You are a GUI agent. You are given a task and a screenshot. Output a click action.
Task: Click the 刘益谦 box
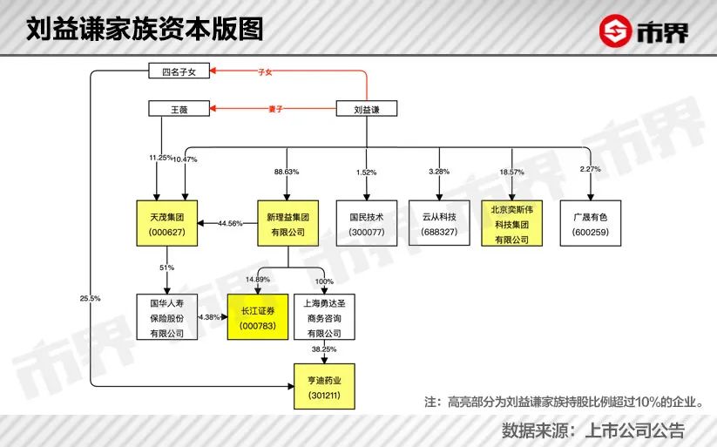click(x=367, y=109)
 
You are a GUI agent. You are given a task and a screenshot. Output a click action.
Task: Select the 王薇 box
click(x=179, y=109)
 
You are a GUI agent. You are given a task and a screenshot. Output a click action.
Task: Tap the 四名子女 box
click(x=179, y=71)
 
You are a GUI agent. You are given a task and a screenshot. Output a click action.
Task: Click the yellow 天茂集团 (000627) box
click(x=167, y=223)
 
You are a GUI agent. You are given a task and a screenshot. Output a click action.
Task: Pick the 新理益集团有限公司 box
click(x=288, y=223)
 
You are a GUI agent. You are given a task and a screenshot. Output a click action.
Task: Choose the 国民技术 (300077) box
click(x=367, y=223)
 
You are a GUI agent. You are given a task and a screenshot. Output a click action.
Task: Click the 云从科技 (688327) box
click(x=439, y=223)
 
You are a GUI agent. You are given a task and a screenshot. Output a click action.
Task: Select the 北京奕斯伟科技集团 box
click(x=512, y=223)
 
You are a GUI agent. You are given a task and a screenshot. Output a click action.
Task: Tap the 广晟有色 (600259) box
click(x=591, y=223)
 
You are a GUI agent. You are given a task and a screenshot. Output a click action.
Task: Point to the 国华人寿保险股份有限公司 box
click(x=167, y=317)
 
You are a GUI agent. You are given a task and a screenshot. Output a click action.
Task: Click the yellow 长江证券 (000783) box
click(x=258, y=317)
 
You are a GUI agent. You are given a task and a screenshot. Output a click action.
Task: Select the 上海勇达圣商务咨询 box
click(x=324, y=317)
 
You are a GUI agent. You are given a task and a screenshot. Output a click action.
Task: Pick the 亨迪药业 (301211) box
click(x=324, y=387)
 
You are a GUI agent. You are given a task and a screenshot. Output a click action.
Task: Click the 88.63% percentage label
click(x=287, y=172)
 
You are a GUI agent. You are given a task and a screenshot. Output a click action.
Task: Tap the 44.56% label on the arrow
click(x=230, y=223)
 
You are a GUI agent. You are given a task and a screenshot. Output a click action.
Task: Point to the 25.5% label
click(x=90, y=298)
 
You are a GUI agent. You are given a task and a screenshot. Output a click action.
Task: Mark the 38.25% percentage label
click(x=324, y=349)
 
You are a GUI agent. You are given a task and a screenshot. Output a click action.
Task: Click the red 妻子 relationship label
click(x=275, y=109)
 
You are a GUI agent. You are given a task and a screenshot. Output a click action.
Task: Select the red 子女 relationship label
click(x=265, y=71)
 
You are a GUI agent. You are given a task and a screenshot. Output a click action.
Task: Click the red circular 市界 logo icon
click(x=615, y=30)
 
